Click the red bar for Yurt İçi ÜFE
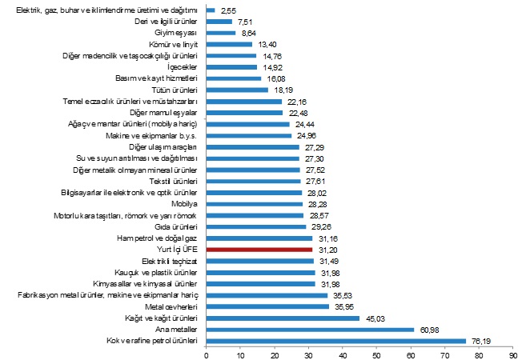click(259, 250)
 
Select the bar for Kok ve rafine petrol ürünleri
click(336, 340)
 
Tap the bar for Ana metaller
click(310, 329)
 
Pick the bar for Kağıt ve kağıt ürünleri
click(283, 318)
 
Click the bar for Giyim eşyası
click(221, 33)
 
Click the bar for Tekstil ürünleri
click(254, 182)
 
